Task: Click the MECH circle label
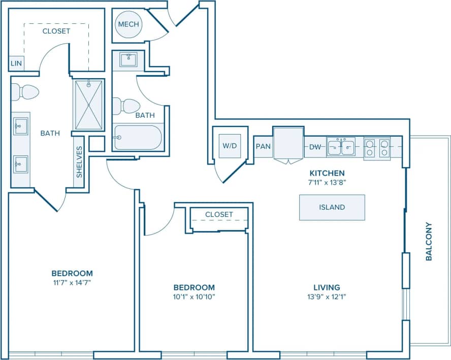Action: (x=128, y=24)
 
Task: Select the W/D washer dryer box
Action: (x=230, y=146)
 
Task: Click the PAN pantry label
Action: (x=263, y=147)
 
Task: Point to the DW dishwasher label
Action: (x=315, y=147)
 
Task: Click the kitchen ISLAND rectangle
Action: (x=332, y=207)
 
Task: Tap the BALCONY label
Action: (x=429, y=241)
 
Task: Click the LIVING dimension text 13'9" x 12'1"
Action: (x=327, y=296)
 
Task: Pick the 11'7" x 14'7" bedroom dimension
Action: (x=75, y=282)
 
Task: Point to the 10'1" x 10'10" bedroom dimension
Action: (x=194, y=296)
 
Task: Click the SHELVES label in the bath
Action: (x=79, y=161)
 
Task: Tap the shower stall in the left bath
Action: (x=89, y=104)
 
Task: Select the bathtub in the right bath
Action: (x=138, y=137)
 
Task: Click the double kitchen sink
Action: (x=341, y=147)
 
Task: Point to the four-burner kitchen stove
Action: (x=377, y=147)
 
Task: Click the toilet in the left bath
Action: (x=26, y=92)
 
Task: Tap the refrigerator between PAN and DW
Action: (x=288, y=144)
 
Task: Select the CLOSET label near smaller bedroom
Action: (x=219, y=214)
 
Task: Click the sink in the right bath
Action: (x=128, y=59)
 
